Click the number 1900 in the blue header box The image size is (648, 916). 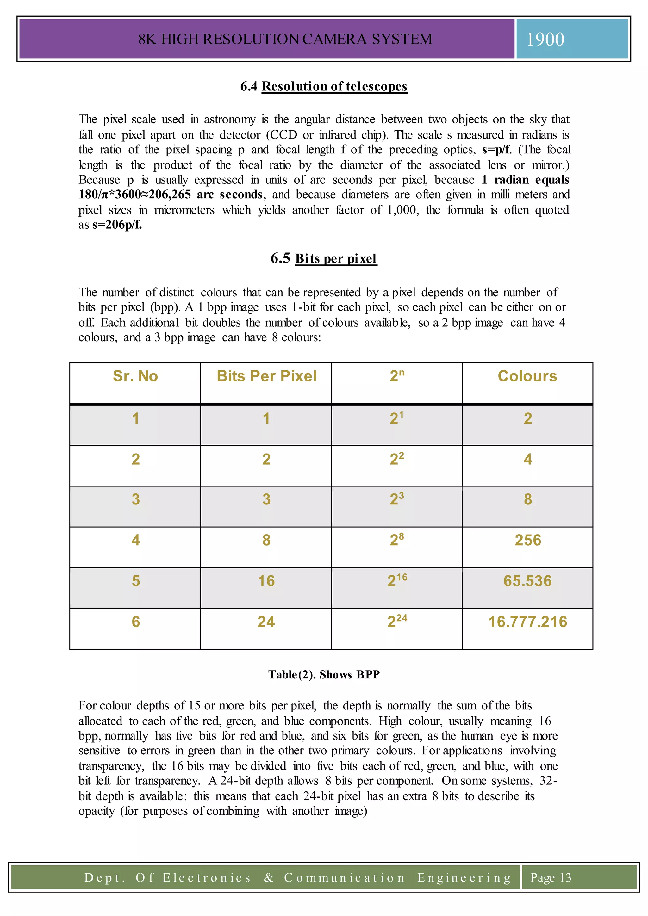point(545,40)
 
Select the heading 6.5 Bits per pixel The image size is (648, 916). point(324,258)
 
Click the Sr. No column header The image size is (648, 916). point(135,376)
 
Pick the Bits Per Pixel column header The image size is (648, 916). point(266,376)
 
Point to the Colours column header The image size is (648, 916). point(527,376)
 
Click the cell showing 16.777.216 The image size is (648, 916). point(527,622)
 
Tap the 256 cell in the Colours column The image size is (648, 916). point(527,540)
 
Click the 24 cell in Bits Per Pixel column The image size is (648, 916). point(266,622)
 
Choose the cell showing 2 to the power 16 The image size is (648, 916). point(397,580)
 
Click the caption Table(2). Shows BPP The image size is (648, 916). point(324,675)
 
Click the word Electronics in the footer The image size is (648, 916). point(207,878)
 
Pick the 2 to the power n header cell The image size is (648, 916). point(397,376)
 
